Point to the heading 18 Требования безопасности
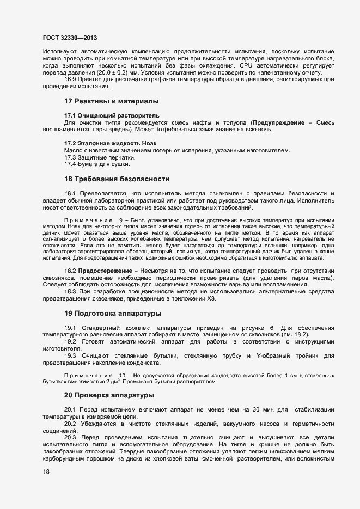point(117,179)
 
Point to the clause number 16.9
point(72,79)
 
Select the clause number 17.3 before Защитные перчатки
point(72,157)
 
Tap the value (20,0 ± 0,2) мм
point(122,72)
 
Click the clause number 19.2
point(71,341)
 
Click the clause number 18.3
point(71,292)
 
